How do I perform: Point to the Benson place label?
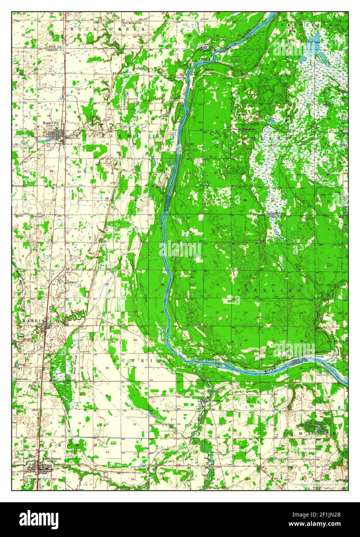tap(210, 70)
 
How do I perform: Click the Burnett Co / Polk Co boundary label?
tap(275, 215)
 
